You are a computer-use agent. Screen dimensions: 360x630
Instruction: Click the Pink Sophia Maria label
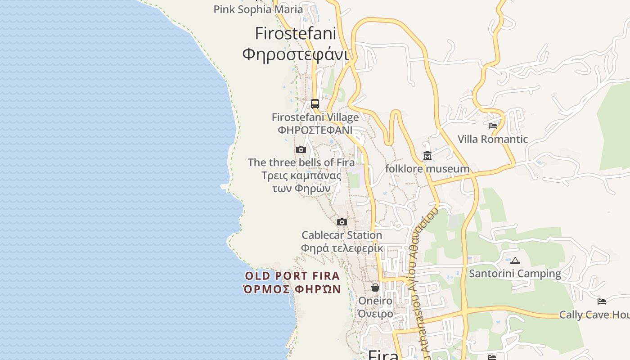pos(258,9)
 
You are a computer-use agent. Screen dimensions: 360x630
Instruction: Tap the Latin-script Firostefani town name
pos(296,34)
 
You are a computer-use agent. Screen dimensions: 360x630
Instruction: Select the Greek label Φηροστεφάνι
pos(296,54)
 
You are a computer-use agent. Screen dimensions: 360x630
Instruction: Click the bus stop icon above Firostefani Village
pos(315,104)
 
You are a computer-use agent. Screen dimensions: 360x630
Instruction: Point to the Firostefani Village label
pos(315,117)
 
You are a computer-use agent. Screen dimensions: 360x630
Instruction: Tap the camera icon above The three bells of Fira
pos(301,150)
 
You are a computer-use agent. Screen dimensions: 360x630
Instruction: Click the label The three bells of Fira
pos(301,162)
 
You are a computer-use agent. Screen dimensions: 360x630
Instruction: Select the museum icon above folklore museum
pos(427,156)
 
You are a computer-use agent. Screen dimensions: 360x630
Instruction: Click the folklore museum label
pos(427,169)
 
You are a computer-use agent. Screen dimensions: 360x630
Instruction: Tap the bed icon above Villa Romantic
pos(493,126)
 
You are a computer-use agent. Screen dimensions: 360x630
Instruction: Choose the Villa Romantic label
pos(493,139)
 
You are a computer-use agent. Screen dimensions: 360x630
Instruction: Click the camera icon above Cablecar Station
pos(342,222)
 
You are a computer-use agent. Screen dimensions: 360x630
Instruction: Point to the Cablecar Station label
pos(342,235)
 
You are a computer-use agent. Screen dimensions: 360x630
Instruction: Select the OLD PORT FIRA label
pos(292,276)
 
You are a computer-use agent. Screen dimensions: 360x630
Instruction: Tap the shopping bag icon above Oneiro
pos(375,288)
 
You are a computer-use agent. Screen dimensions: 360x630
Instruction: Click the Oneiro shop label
pos(375,301)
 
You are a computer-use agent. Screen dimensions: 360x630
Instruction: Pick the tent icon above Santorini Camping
pos(515,261)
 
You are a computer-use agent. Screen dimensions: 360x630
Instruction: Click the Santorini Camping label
pos(515,274)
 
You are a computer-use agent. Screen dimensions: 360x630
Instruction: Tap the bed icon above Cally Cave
pos(602,301)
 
